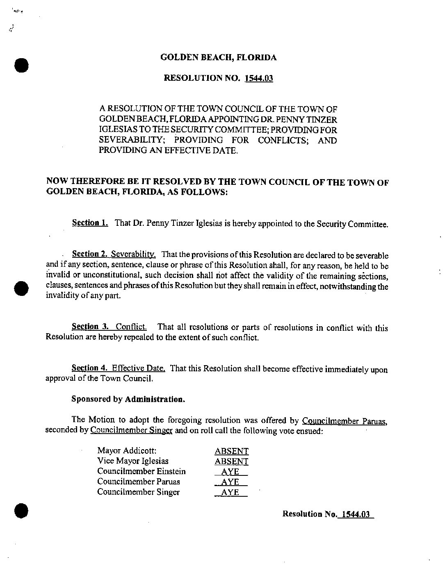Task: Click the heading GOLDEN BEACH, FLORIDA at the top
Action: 218,57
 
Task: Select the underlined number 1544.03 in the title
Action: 258,78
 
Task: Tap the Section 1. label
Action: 90,223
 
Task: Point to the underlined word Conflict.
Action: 131,327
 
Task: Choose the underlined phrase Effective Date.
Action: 138,368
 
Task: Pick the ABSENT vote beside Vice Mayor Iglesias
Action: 231,461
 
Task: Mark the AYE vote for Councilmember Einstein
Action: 230,472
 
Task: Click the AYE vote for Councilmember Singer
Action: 230,492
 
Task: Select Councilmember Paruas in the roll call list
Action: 138,482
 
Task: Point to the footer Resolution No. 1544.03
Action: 328,514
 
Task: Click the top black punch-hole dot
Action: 21,65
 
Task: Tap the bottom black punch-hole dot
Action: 21,510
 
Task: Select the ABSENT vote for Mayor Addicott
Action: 231,451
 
